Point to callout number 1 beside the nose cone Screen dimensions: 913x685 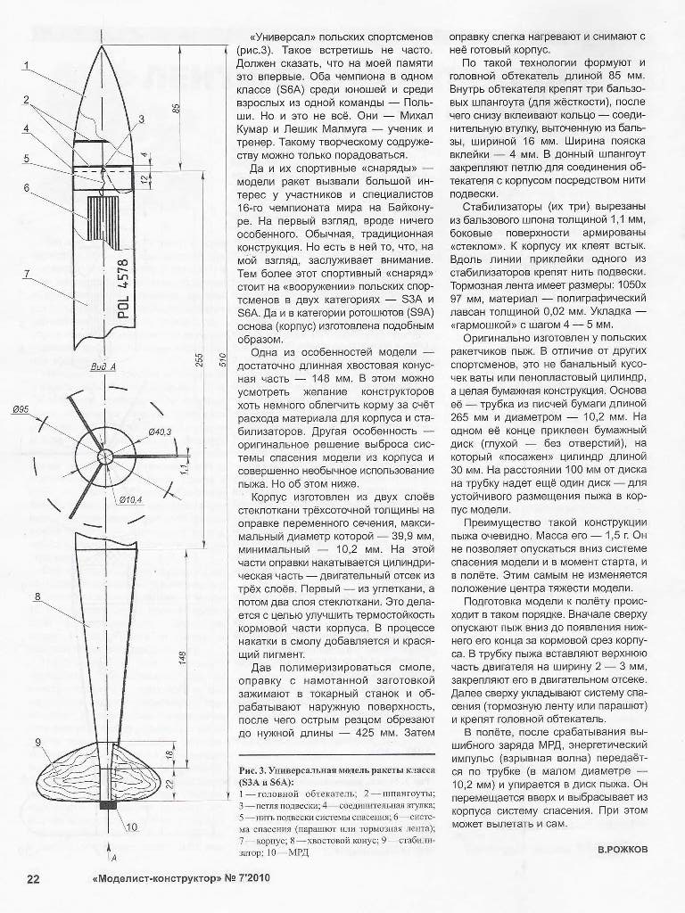(28, 63)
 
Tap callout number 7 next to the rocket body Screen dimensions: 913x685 (28, 273)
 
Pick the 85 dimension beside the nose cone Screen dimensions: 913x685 (177, 109)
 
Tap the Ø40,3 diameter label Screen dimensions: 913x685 (161, 432)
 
